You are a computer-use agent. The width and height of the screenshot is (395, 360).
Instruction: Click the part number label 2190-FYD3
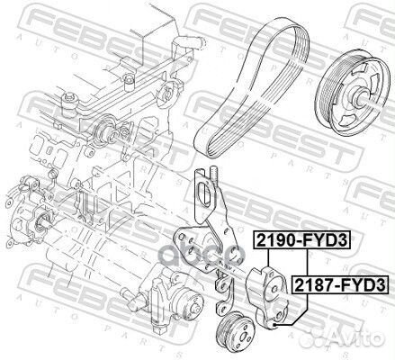coord(302,240)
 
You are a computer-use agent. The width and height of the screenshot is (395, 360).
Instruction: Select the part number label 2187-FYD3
coord(339,284)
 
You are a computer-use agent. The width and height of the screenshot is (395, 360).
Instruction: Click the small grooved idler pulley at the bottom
coord(236,329)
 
